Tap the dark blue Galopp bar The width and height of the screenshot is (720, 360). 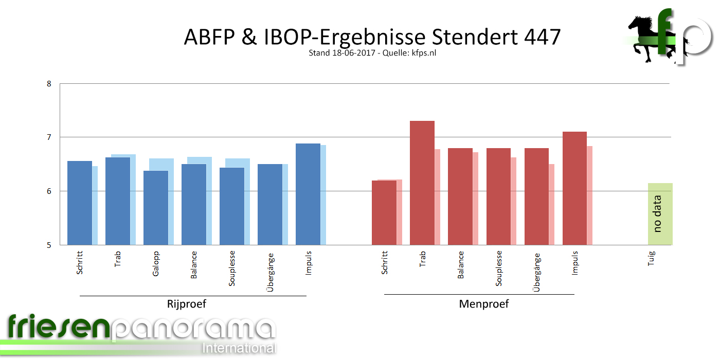coord(155,208)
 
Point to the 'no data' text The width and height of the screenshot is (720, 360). coord(657,214)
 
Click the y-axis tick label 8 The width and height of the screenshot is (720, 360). coord(49,83)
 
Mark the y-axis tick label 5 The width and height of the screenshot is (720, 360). coord(49,245)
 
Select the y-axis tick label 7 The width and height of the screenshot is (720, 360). coord(49,137)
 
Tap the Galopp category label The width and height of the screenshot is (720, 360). coord(156,263)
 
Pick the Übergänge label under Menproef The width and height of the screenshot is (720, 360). coord(537,273)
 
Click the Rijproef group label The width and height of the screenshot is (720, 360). coord(187,304)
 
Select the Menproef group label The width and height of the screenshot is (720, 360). coord(483,304)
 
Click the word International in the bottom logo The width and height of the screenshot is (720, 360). coord(239,348)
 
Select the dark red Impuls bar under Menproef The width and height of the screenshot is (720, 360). coord(574,188)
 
